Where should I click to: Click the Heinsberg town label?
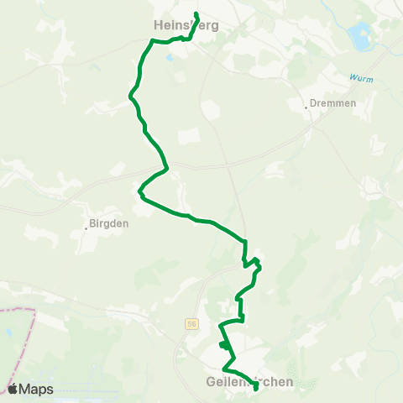click(186, 25)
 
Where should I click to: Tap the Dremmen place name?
click(333, 103)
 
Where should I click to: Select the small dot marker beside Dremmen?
click(306, 107)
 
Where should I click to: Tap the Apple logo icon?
click(13, 389)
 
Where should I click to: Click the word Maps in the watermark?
click(36, 389)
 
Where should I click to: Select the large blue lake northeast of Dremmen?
click(361, 35)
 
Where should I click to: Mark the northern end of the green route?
click(196, 14)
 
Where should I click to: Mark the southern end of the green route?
click(255, 388)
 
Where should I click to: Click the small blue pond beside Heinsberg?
click(170, 57)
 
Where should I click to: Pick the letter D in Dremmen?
click(314, 103)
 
